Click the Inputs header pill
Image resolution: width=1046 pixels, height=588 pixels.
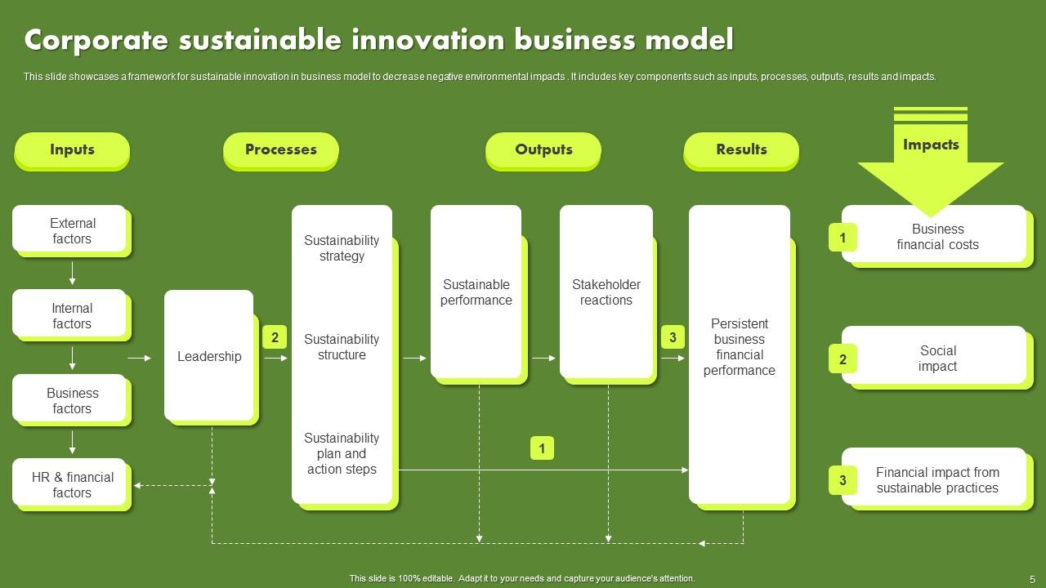click(72, 149)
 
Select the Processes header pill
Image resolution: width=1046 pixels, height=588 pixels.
click(280, 149)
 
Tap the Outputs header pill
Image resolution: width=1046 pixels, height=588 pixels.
click(543, 149)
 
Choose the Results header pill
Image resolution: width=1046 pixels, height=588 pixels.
click(741, 149)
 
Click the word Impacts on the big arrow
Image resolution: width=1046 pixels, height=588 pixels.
click(930, 145)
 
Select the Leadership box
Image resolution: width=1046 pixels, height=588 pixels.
click(209, 356)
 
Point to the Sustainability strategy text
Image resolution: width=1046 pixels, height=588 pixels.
click(342, 248)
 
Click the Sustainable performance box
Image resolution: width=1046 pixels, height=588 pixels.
click(476, 292)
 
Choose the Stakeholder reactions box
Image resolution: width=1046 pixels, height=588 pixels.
click(606, 292)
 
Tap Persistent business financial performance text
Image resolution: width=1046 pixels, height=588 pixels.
click(739, 347)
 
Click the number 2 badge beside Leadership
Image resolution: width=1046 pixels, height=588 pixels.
click(275, 337)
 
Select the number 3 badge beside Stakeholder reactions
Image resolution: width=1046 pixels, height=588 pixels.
click(673, 337)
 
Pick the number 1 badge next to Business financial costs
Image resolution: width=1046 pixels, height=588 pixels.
click(843, 238)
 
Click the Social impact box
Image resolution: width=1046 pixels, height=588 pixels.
click(936, 357)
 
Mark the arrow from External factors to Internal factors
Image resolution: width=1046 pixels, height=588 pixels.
click(72, 273)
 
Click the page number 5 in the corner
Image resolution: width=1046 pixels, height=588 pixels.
click(1032, 578)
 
